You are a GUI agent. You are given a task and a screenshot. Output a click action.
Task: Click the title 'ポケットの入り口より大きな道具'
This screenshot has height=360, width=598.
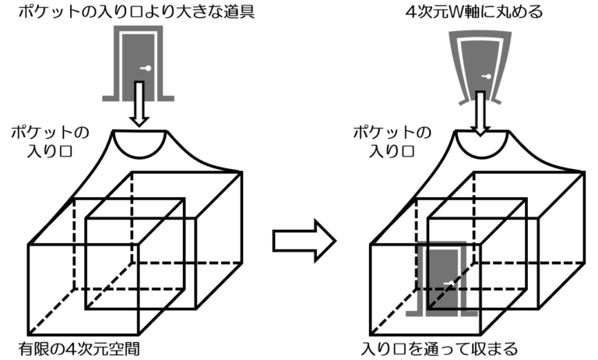coord(136,11)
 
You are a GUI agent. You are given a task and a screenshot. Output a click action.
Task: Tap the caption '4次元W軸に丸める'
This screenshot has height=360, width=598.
coord(473,11)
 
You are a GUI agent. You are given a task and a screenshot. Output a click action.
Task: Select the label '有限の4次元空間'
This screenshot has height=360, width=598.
coord(79,349)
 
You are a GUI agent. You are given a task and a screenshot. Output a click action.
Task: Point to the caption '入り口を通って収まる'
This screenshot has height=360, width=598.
coord(439,349)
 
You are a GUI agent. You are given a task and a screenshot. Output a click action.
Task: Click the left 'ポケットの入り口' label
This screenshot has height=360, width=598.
coord(50,142)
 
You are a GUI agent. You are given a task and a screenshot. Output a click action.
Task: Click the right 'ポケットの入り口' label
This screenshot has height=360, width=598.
coord(392,142)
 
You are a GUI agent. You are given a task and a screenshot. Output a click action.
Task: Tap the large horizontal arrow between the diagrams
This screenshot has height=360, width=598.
coord(304,241)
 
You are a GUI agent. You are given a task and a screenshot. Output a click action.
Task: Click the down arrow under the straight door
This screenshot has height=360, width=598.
coord(139,104)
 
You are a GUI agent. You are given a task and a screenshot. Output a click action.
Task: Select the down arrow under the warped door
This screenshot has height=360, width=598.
coord(480,114)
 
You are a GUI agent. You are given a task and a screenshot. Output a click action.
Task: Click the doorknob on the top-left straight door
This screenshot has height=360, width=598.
coord(146,69)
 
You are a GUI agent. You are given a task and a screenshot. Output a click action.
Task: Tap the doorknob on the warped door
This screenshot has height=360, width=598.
coord(487,76)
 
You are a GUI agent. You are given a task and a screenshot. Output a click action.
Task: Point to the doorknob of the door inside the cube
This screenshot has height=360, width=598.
coord(448,284)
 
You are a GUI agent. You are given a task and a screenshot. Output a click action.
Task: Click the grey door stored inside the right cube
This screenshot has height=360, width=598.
coord(441,279)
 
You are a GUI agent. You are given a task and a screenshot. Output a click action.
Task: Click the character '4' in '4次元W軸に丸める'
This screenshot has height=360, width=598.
coord(411,12)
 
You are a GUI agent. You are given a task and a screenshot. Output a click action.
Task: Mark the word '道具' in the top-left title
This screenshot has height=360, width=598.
coord(239,11)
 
